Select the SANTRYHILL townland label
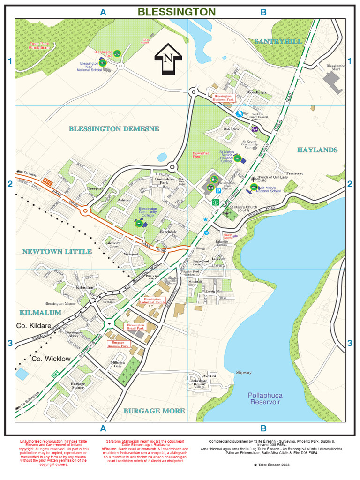[278, 42]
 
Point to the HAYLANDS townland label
[317, 150]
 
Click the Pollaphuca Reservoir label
[265, 398]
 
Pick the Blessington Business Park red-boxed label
[223, 97]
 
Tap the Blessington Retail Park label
[135, 327]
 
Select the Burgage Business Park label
[118, 344]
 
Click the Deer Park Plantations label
[39, 45]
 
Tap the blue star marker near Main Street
[205, 219]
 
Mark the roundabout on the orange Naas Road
[85, 211]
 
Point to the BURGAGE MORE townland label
[154, 411]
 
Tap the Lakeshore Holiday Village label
[200, 384]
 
